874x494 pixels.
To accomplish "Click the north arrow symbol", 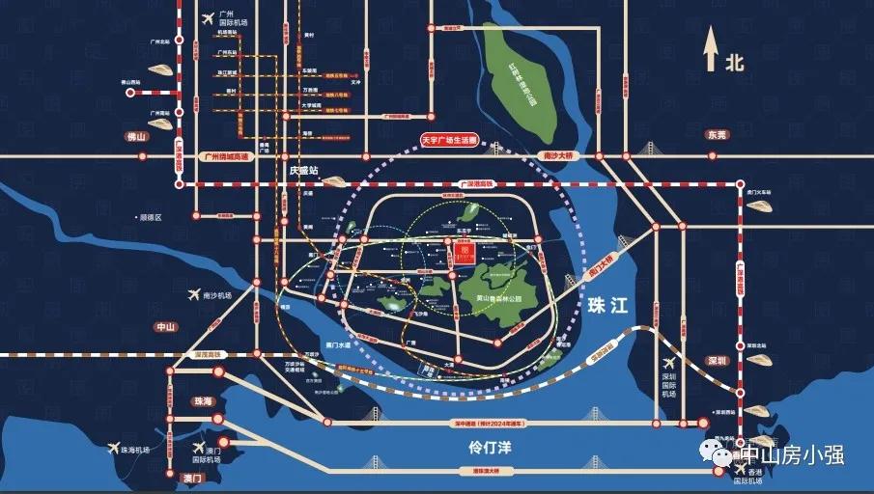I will pos(712,49).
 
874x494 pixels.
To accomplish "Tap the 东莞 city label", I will pos(716,134).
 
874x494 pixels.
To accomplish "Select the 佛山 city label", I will pos(134,136).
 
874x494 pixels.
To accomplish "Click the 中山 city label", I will pos(166,327).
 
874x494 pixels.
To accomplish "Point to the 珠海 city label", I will pos(203,400).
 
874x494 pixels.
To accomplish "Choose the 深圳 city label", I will pos(716,360).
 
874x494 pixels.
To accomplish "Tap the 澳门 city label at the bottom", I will pos(191,478).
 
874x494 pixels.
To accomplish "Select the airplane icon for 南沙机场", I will pos(193,294).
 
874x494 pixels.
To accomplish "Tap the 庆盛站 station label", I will pos(303,169).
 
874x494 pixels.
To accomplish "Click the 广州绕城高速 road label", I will pos(222,156).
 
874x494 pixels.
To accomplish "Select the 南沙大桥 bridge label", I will pos(556,155).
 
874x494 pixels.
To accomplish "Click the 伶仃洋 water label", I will pos(487,448).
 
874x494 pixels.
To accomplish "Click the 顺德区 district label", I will pos(149,218).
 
